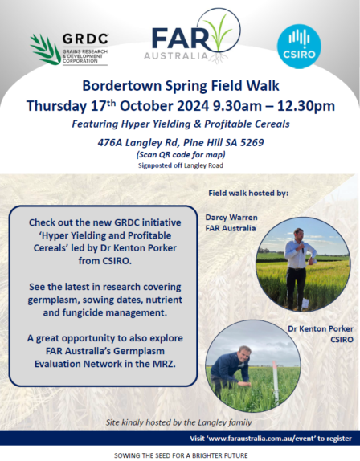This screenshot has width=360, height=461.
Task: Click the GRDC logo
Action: pos(67,49)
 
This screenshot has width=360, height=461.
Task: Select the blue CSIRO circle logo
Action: pos(298,46)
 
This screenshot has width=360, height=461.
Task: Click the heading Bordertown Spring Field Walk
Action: pos(179,87)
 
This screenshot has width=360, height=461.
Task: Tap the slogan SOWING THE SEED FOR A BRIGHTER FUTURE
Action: pos(179,454)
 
